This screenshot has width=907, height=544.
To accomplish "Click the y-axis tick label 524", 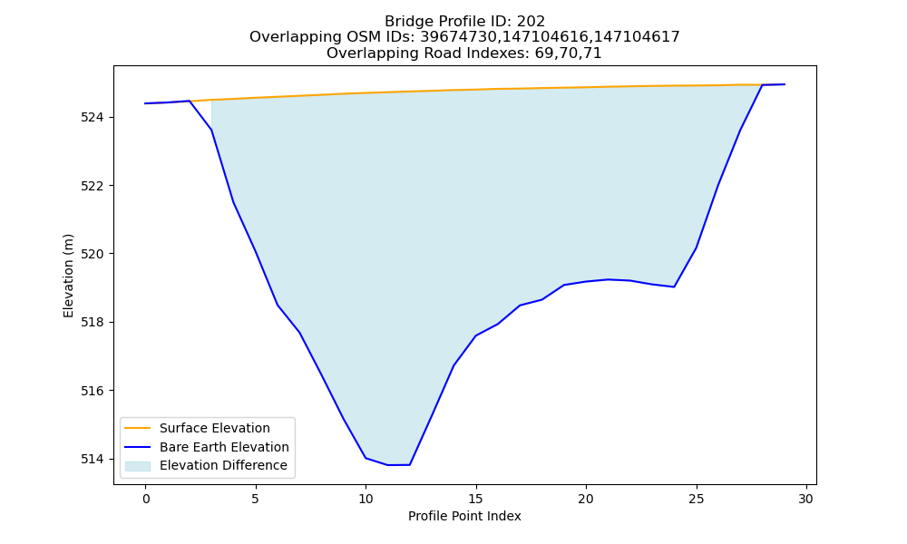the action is point(92,118).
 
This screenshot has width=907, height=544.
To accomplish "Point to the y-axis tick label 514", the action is point(92,459).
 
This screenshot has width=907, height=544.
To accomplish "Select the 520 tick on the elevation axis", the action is point(92,255).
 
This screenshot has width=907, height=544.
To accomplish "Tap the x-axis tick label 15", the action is point(475,499).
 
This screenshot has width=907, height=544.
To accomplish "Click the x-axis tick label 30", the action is point(806,499).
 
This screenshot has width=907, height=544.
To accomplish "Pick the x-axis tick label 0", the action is point(145,499).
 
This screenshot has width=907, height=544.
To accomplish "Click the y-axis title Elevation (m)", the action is point(68,276).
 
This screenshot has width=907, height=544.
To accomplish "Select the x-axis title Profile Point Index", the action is point(464,516).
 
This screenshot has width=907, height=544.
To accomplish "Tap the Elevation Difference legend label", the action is point(223,465).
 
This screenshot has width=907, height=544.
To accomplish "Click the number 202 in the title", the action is point(531,22).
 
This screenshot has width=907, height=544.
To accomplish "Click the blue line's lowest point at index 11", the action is point(387,465).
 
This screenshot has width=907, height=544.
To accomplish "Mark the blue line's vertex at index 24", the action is point(674,287).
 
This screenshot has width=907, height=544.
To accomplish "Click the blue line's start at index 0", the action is point(145,103).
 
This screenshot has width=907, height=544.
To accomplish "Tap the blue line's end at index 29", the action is point(785,84).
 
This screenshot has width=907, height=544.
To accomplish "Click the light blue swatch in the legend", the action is point(138,466).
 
